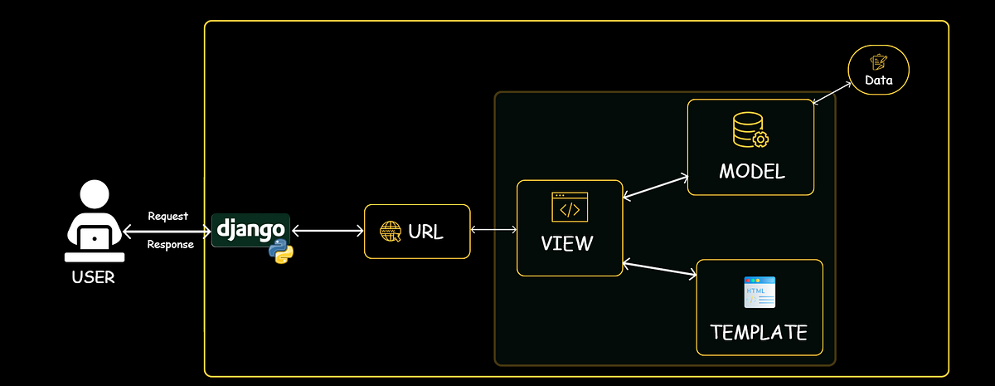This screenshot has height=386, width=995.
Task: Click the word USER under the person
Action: pos(94,276)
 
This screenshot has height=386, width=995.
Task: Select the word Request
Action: pos(167,216)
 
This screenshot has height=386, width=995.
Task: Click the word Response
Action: pos(170,244)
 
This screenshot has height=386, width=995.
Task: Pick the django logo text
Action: pos(250,227)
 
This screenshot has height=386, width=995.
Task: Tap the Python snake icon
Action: pos(281,251)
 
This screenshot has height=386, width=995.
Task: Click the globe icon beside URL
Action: pos(390,232)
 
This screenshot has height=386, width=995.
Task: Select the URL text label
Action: pos(425,232)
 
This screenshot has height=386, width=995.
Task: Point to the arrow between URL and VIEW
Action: pos(493,229)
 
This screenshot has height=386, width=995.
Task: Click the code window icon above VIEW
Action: pos(570,207)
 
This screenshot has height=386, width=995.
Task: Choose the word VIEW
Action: pos(567,243)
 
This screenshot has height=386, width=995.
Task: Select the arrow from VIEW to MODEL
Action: pos(655,187)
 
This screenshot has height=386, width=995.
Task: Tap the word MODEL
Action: pos(751,172)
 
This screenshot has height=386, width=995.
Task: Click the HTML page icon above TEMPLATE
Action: pos(759,292)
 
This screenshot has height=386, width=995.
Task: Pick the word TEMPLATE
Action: pos(759,332)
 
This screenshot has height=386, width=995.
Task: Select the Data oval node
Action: pos(879,70)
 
